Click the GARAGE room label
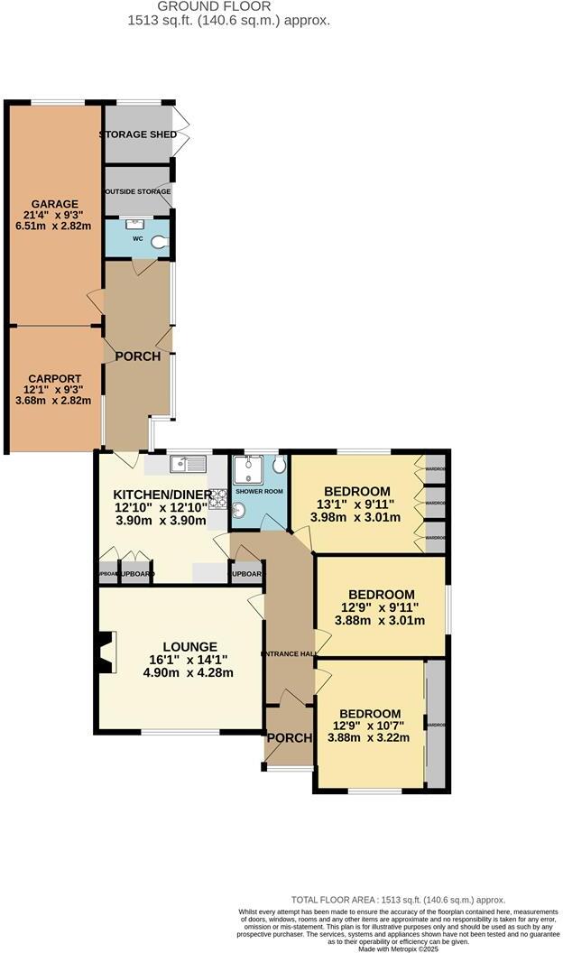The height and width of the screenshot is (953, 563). [x=54, y=204]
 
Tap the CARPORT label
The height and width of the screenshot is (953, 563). [x=54, y=378]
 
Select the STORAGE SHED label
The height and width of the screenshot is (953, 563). [x=137, y=134]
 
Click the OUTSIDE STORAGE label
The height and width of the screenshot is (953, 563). [x=137, y=192]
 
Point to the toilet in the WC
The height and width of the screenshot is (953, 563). [x=160, y=241]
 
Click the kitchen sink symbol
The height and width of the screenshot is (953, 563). [x=189, y=465]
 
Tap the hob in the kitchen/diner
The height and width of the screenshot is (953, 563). [x=217, y=495]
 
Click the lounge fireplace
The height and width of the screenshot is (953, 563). [x=106, y=652]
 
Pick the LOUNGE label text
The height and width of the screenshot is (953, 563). [x=189, y=646]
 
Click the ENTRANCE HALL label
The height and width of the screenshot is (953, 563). [x=288, y=653]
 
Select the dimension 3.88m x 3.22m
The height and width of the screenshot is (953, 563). [x=372, y=737]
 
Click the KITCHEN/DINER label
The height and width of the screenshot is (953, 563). [x=162, y=495]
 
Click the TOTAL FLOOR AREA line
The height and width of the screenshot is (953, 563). [x=397, y=900]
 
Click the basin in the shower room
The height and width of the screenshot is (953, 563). [x=239, y=512]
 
